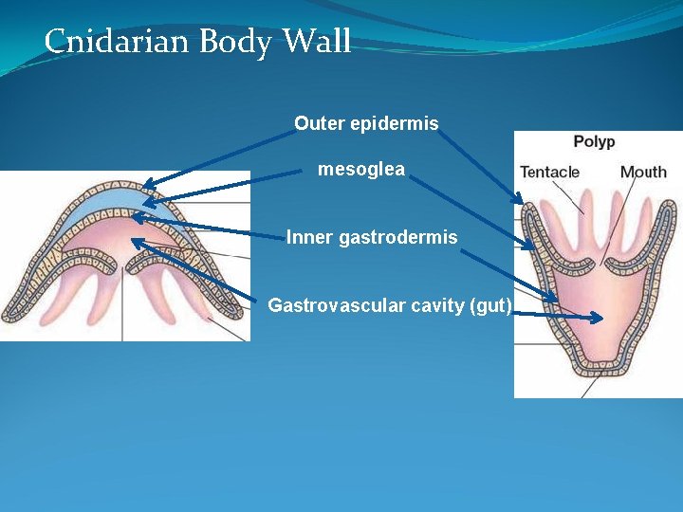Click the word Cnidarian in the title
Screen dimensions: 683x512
pyautogui.click(x=102, y=42)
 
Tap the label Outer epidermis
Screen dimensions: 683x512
pyautogui.click(x=366, y=123)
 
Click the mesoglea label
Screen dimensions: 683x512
pyautogui.click(x=360, y=170)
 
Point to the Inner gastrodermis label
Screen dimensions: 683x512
pyautogui.click(x=372, y=237)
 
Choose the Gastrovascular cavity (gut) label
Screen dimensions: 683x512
pyautogui.click(x=390, y=305)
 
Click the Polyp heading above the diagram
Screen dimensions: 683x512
pyautogui.click(x=594, y=142)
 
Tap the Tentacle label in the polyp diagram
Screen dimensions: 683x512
pyautogui.click(x=549, y=172)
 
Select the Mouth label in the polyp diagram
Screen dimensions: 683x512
pyautogui.click(x=643, y=172)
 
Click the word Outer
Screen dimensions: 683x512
pyautogui.click(x=319, y=123)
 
